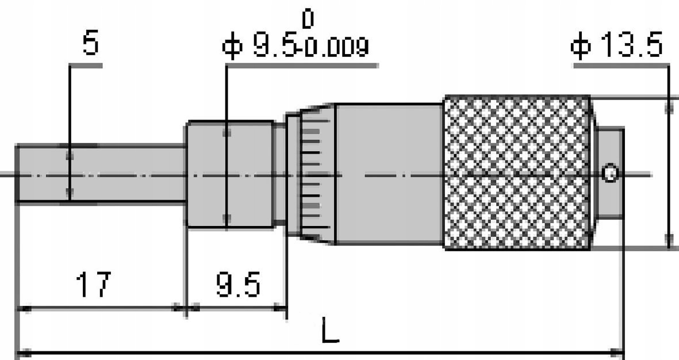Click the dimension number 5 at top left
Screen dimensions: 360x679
coord(90,44)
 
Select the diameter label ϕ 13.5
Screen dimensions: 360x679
coord(616,46)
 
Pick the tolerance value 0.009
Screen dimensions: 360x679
coord(336,49)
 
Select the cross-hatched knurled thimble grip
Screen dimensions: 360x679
coord(517,173)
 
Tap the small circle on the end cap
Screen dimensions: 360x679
coord(610,173)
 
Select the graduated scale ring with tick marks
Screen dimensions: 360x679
coord(313,173)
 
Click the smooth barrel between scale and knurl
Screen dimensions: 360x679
coord(388,173)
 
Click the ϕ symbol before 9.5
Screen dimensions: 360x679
coord(233,47)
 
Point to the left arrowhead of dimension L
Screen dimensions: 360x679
coord(22,352)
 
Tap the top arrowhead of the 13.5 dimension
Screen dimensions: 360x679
coord(669,106)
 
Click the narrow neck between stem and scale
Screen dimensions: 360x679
coord(280,173)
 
